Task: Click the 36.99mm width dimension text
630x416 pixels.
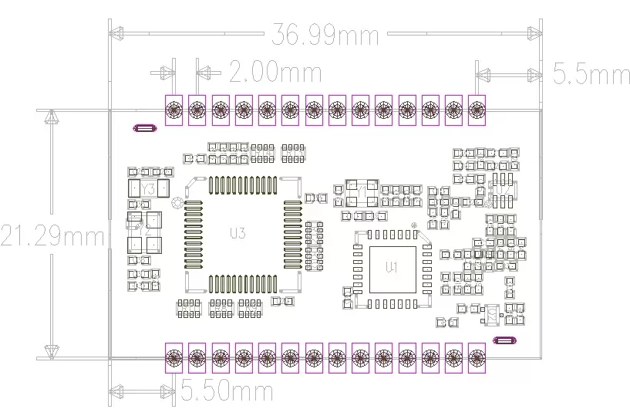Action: pyautogui.click(x=325, y=35)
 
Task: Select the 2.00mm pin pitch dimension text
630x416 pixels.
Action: pyautogui.click(x=275, y=73)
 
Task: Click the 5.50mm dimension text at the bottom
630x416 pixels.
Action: pyautogui.click(x=227, y=391)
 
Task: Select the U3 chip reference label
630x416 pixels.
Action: pyautogui.click(x=238, y=233)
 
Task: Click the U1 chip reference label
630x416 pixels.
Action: pyautogui.click(x=392, y=267)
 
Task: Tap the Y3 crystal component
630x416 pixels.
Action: pyautogui.click(x=144, y=188)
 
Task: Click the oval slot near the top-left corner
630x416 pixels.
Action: pyautogui.click(x=144, y=128)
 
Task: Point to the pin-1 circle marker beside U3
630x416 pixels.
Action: pyautogui.click(x=177, y=204)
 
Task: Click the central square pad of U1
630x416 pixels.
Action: pyautogui.click(x=392, y=269)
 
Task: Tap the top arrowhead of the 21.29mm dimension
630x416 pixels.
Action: pyautogui.click(x=52, y=118)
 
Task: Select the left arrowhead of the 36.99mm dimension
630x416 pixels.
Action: pyautogui.click(x=116, y=33)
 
